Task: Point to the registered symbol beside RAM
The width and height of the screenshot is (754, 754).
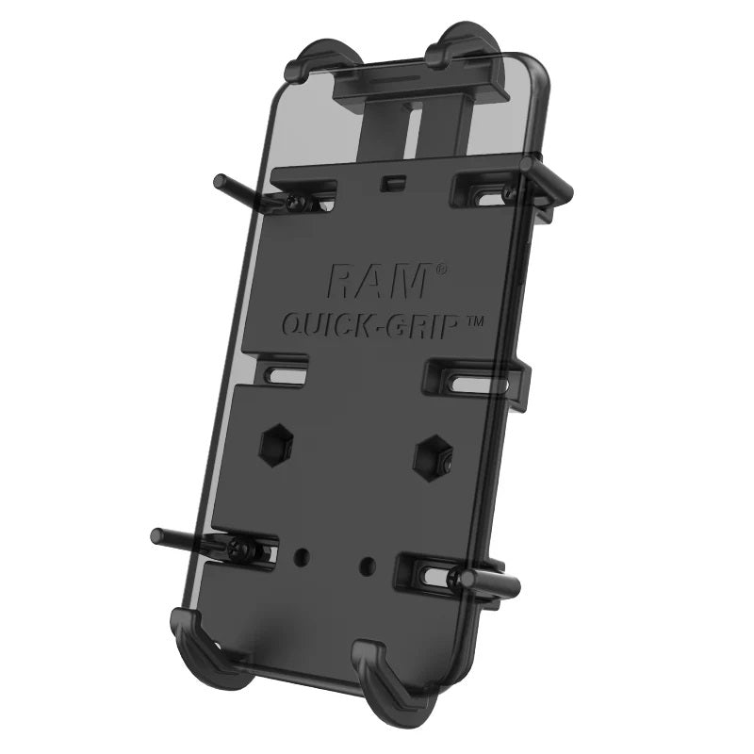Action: tap(440, 270)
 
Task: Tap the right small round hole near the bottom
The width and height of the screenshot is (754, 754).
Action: tap(367, 565)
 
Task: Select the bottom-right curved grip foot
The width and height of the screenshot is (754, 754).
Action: tap(382, 671)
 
